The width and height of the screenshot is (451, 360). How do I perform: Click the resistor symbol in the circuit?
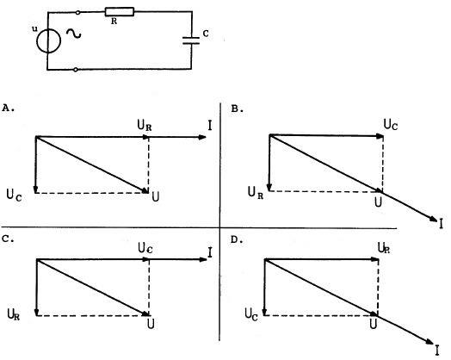120,12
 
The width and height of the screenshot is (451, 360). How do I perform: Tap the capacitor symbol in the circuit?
191,40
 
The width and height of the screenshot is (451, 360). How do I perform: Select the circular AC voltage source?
48,40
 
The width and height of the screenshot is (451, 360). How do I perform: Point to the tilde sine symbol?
74,34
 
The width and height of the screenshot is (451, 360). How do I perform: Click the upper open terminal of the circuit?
77,12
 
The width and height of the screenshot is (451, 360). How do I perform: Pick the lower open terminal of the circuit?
76,70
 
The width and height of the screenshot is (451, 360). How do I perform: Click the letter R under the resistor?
114,22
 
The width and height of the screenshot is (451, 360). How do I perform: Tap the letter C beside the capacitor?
206,34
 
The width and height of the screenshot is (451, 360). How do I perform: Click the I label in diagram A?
210,126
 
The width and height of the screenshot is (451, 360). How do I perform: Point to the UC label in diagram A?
14,196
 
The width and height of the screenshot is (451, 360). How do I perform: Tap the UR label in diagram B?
256,192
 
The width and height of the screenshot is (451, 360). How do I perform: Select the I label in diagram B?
442,224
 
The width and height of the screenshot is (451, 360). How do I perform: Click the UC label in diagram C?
145,248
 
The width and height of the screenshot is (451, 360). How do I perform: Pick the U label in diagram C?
151,324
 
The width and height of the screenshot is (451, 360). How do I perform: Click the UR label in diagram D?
384,248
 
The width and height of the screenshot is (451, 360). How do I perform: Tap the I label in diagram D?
437,351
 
